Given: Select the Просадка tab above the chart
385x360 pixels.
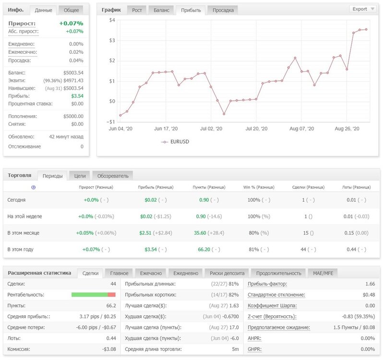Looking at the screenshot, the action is coord(223,10).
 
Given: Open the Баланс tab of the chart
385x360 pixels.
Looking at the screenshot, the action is coord(161,10).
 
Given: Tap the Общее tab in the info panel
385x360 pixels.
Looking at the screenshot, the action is coord(71,10).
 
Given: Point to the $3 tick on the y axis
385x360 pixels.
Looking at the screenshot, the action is coord(112,40).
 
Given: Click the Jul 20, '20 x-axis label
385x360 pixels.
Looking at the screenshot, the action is coord(256,129).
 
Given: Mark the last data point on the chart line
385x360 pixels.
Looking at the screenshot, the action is coord(366,29).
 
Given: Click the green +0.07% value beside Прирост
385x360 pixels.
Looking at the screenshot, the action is coord(71,24).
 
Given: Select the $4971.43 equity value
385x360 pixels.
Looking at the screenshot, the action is coord(73,81).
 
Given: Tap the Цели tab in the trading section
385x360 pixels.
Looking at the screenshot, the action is coord(80,176).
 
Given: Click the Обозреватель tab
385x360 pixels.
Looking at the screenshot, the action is coord(113,176).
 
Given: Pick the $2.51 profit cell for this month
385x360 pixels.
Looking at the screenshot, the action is coord(145,233).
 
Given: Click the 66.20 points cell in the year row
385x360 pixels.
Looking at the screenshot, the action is coord(204,250).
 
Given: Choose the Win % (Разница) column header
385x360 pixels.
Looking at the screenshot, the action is coord(259,187).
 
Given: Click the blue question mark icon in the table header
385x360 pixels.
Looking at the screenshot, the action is coord(34,187).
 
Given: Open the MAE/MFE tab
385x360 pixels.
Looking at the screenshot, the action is coord(323,273).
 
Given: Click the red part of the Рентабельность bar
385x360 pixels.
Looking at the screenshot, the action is coord(111,295).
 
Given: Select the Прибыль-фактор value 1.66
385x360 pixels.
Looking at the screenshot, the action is coord(370,284).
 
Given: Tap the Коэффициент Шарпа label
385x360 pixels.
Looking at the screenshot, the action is coord(272,306).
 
